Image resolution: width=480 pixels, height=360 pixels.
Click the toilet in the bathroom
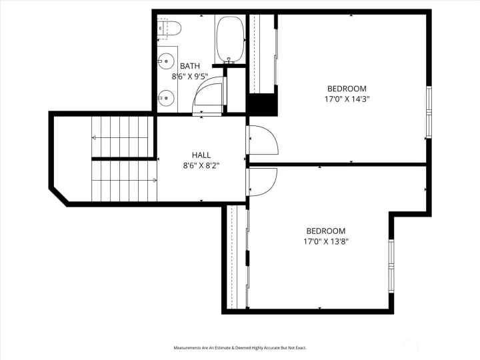tap(171, 29)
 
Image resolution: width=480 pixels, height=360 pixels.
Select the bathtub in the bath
tap(231, 39)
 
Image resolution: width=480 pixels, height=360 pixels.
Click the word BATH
tap(189, 66)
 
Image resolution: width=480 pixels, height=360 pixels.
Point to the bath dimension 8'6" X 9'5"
tap(191, 77)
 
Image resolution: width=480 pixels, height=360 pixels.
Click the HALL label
tap(201, 155)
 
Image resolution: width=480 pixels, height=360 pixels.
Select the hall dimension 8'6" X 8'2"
tap(201, 165)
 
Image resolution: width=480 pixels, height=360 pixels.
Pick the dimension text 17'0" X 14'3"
tap(347, 99)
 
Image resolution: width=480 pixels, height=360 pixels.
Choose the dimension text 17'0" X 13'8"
tap(326, 241)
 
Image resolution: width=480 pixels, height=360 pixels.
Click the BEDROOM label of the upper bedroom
tap(347, 89)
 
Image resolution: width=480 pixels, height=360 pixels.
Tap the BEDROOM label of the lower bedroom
tap(326, 231)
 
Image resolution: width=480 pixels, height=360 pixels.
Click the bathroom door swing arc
tap(208, 97)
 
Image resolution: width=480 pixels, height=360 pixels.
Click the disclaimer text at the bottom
tap(240, 348)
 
